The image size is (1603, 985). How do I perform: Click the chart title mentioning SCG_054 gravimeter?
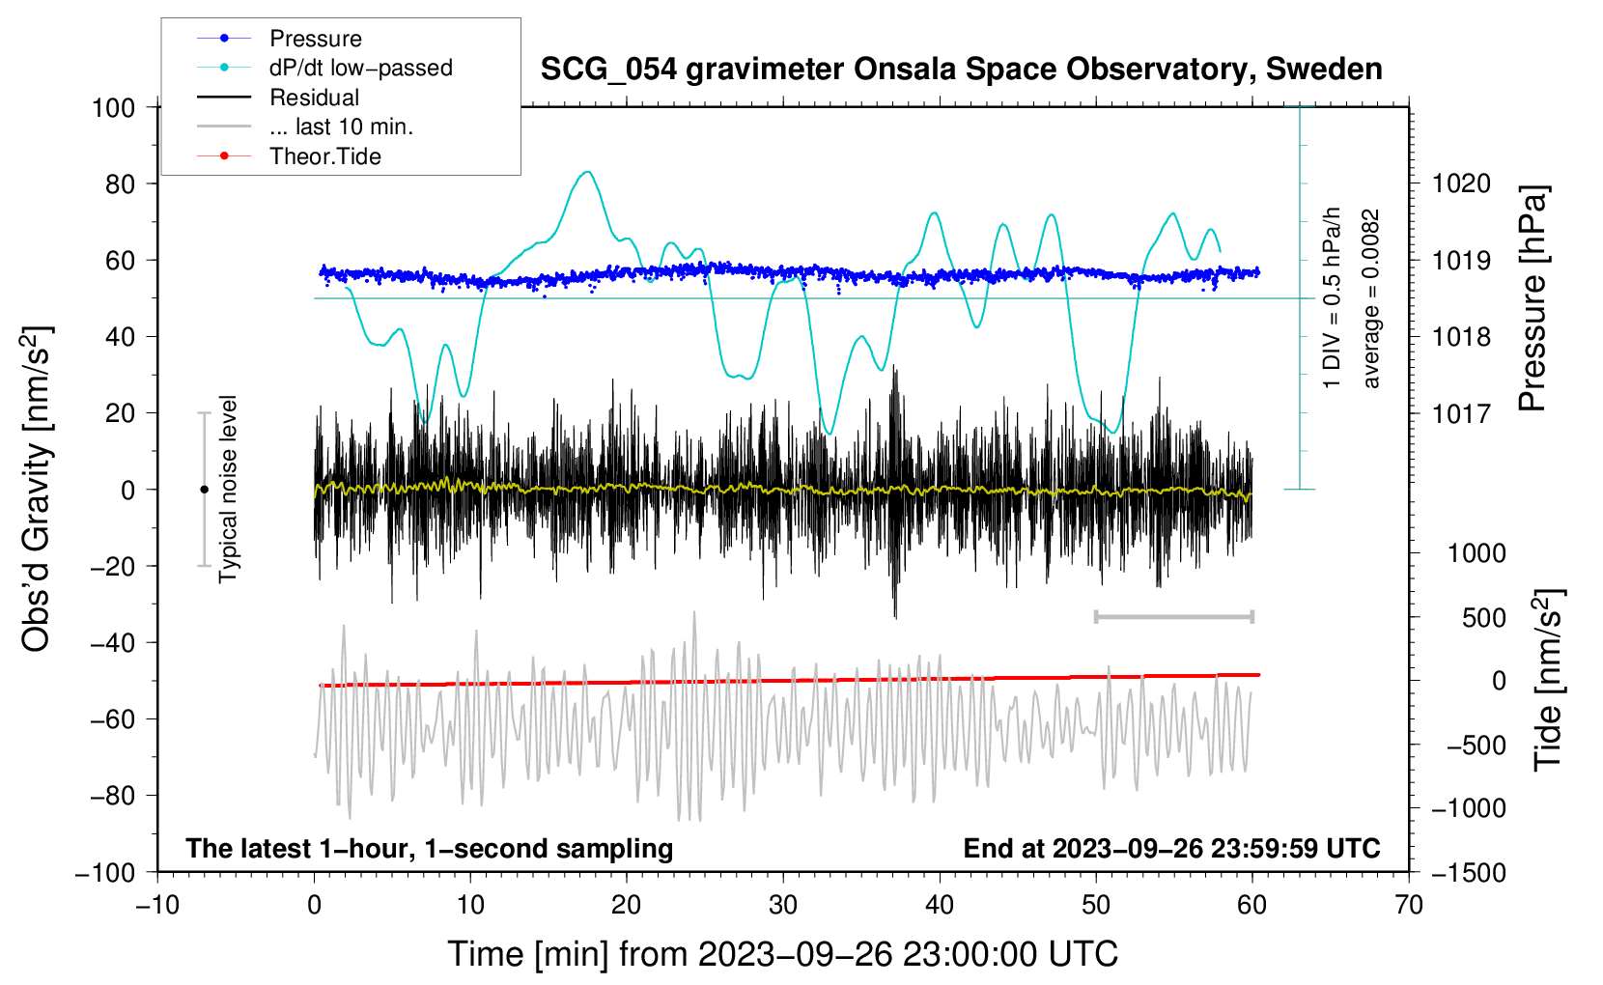pos(961,70)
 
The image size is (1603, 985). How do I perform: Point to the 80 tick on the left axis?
pos(120,184)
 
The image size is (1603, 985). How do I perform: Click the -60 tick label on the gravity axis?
pos(113,718)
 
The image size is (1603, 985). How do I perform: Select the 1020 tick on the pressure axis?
pos(1461,184)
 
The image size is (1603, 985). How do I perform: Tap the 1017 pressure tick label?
pos(1461,413)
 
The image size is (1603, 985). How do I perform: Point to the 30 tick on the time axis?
pos(783,906)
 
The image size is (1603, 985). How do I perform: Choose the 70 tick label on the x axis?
pos(1409,906)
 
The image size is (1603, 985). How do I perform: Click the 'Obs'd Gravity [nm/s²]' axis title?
pos(36,489)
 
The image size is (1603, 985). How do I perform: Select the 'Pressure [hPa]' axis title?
pos(1533,297)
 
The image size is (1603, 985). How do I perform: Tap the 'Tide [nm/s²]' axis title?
pos(1549,680)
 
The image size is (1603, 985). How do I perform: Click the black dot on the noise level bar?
pos(204,490)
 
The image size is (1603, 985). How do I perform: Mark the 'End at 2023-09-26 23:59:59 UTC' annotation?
pos(1171,848)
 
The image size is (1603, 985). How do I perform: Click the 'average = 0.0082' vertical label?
pos(1369,298)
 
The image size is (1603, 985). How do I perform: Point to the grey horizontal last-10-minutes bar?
pos(1174,616)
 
